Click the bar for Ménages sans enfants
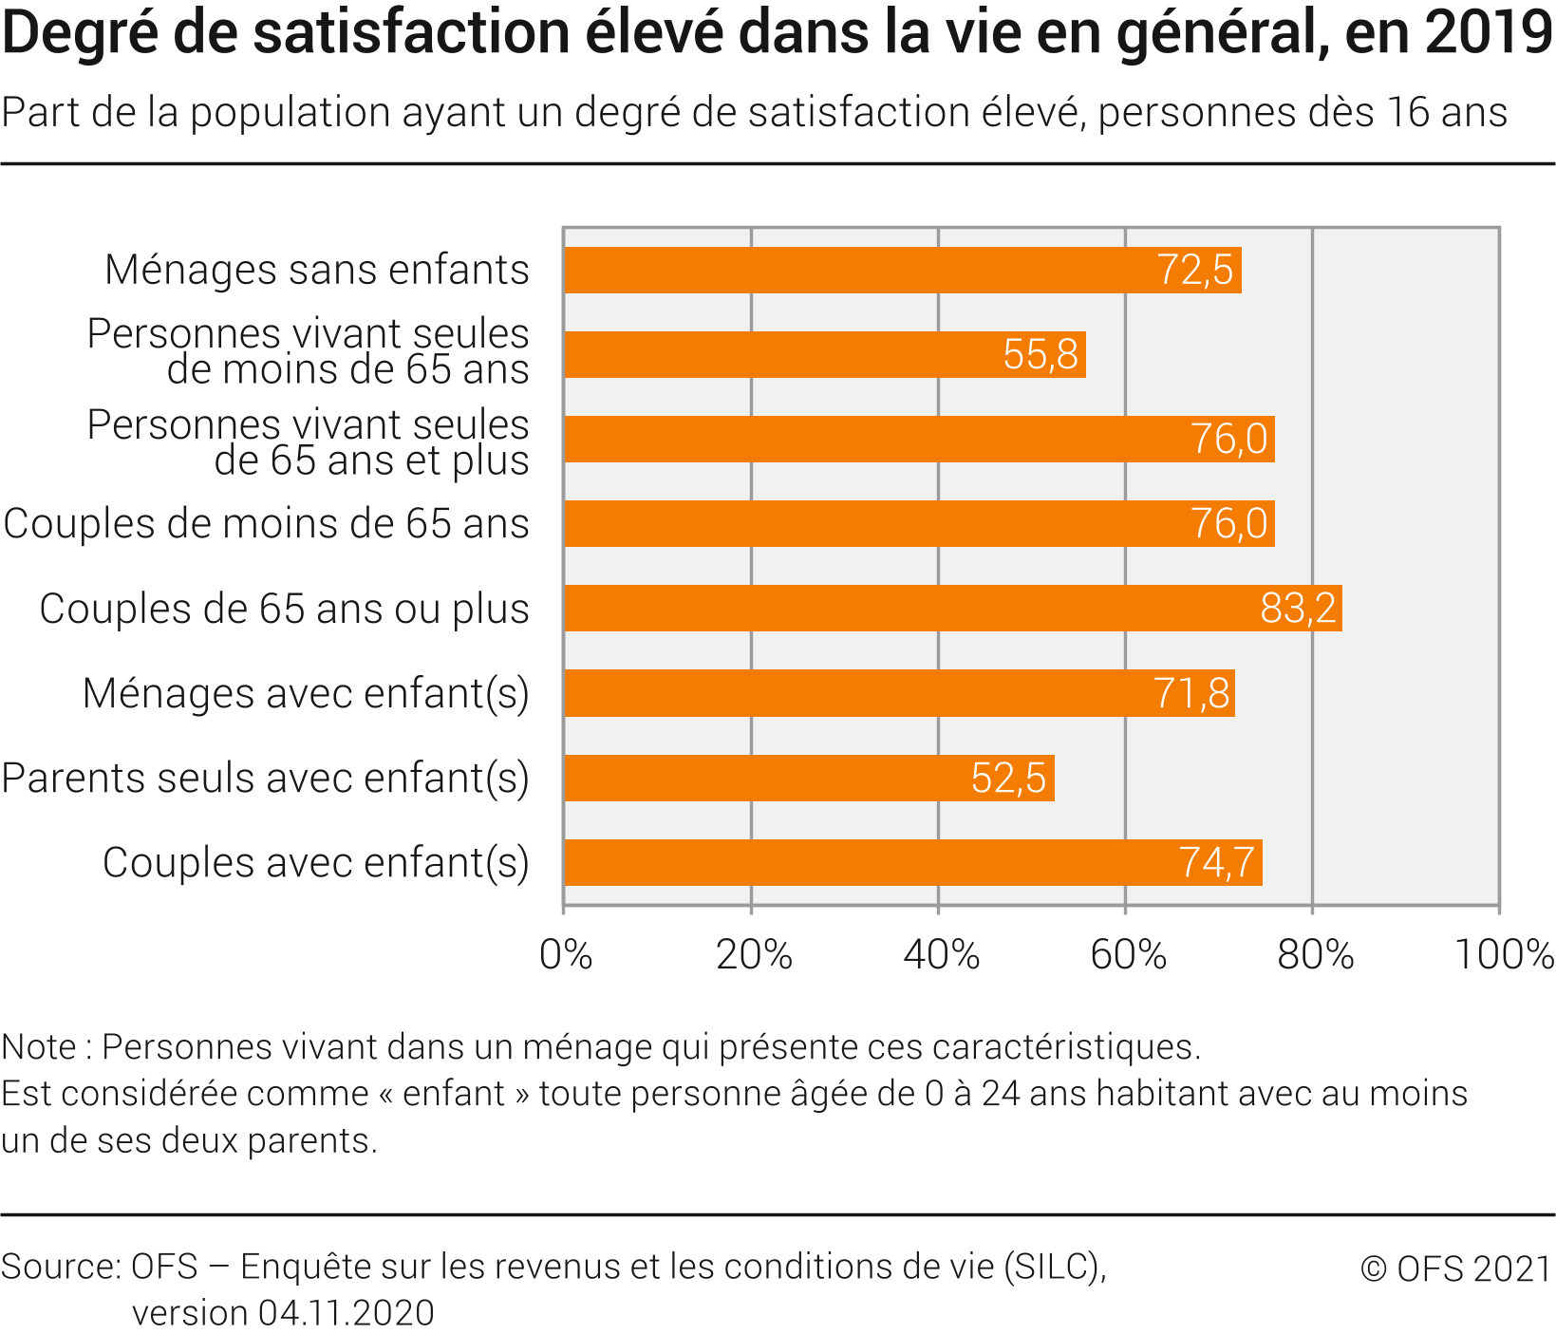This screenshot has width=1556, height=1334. (902, 271)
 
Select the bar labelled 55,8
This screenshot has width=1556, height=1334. (824, 355)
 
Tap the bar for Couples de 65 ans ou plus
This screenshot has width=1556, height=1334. (952, 609)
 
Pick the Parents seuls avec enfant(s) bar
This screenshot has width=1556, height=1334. (809, 779)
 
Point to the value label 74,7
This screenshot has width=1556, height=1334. (1216, 863)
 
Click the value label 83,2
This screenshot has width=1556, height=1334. (1298, 609)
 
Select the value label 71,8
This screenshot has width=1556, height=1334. (1191, 693)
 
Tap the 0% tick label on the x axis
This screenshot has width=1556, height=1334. (566, 954)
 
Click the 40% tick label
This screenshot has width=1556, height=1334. (940, 954)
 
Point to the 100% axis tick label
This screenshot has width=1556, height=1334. (1504, 954)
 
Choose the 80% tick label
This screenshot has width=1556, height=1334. (1315, 954)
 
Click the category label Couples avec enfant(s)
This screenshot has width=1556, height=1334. (315, 863)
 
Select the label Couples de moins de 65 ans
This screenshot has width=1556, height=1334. (266, 524)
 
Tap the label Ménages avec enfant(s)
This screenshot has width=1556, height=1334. (306, 693)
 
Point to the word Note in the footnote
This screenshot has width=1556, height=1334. (39, 1047)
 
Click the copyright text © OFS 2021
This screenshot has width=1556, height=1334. (1455, 1268)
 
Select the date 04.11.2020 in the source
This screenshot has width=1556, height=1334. (346, 1313)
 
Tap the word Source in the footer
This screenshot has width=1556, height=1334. (60, 1267)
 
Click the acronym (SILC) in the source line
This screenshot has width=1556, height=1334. (1055, 1267)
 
